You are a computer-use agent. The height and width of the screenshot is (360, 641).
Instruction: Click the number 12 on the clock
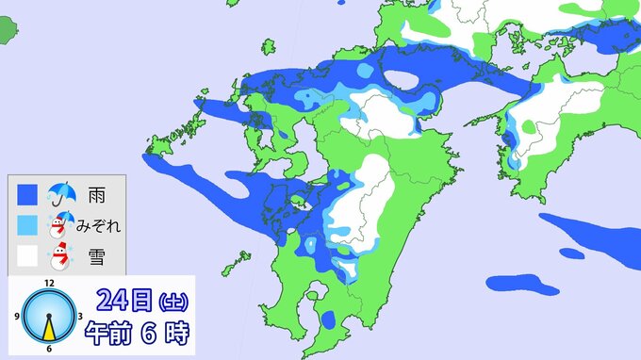[49, 283]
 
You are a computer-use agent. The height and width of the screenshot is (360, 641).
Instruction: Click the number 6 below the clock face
[49, 350]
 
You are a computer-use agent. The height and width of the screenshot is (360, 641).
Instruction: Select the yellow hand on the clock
[49, 327]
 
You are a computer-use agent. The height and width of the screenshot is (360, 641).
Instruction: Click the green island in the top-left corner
[8, 31]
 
